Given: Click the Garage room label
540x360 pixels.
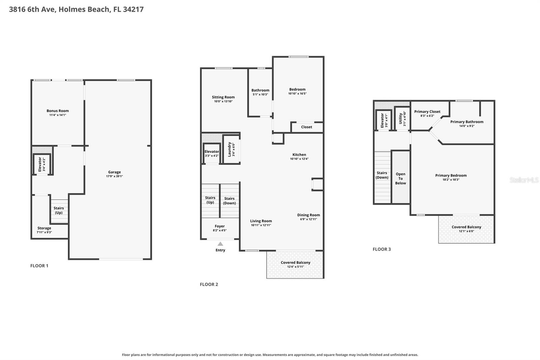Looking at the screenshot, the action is tap(114, 172).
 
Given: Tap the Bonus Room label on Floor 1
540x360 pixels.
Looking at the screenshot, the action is tap(58, 111).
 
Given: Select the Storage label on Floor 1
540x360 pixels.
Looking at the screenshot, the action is tap(44, 228).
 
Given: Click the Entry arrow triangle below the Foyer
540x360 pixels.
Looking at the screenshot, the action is tap(220, 244).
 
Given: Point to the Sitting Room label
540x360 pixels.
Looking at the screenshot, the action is tap(223, 97).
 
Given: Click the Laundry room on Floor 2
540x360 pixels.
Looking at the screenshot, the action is tap(231, 150).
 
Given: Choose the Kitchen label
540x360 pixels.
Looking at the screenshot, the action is tap(299, 155).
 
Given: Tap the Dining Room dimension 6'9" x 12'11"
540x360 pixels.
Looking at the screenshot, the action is tap(308, 219).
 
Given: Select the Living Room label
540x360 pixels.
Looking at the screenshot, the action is tap(261, 221).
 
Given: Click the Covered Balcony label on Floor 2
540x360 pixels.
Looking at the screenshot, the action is tap(296, 262).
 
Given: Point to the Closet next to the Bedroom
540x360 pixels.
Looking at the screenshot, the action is tap(307, 127).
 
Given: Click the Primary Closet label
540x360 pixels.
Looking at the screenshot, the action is tap(427, 111).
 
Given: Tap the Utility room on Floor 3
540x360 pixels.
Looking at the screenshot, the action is tap(402, 119).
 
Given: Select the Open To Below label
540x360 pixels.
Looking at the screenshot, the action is tap(400, 179).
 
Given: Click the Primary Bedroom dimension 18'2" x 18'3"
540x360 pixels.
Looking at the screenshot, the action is tap(451, 180).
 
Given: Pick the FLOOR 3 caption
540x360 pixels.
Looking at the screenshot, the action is tap(382, 249).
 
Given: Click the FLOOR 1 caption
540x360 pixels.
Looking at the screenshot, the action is tap(39, 266).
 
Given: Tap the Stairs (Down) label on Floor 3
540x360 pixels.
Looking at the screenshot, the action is tap(382, 175).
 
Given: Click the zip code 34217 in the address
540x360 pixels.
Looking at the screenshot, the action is tap(133, 9).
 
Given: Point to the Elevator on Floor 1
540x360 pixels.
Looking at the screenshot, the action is tap(42, 164).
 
